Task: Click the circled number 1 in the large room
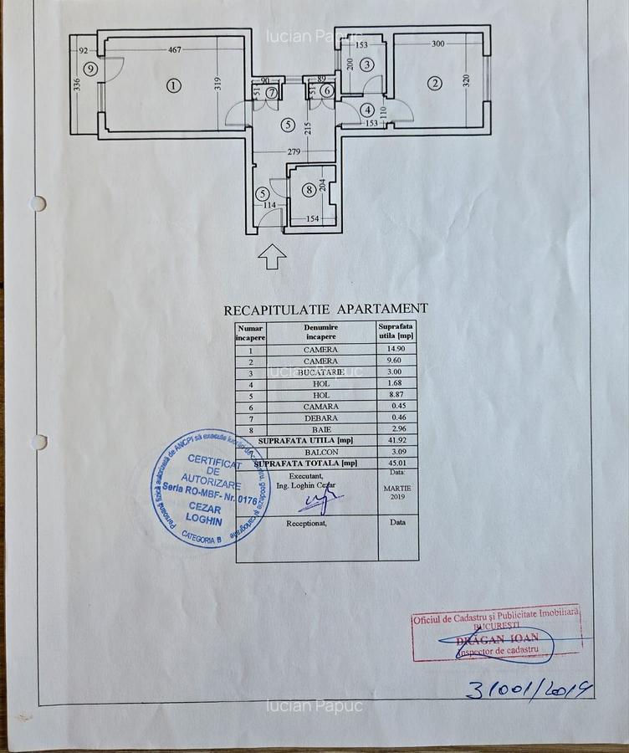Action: [173, 85]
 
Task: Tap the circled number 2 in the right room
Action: [434, 83]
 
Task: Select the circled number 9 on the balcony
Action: [89, 69]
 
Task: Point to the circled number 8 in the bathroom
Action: [309, 190]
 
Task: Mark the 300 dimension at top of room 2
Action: [437, 44]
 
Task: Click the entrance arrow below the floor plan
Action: [272, 257]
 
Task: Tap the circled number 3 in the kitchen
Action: [367, 64]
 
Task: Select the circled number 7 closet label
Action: [272, 91]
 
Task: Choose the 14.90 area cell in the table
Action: [397, 349]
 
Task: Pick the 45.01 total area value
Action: [397, 463]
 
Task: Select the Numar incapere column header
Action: [250, 333]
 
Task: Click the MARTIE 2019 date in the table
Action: [397, 490]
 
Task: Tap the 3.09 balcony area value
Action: [397, 451]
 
